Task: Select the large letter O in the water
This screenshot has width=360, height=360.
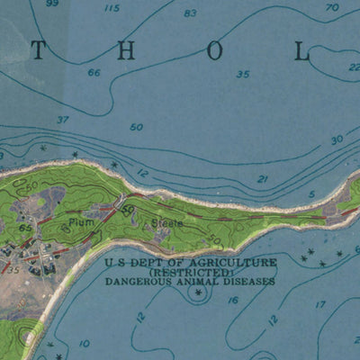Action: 214,51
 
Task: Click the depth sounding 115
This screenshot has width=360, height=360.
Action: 112,9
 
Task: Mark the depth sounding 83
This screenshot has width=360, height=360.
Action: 190,13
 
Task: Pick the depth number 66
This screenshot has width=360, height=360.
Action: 94,73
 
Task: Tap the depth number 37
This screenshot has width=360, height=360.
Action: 62,120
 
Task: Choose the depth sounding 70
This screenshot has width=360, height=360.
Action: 332,8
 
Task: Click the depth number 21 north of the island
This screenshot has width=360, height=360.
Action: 263,179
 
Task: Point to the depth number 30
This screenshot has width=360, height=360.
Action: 337,139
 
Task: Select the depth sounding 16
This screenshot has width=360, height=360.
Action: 233,301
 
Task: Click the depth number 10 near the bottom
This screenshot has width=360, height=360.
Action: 84,343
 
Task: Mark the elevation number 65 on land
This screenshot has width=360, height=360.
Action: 25,229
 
